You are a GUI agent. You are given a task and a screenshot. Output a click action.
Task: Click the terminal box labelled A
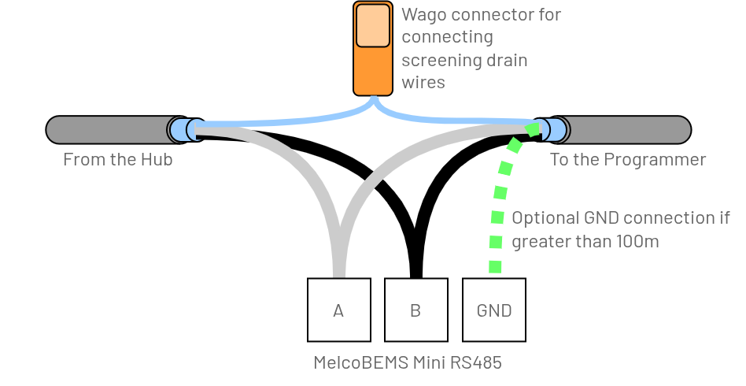(338, 310)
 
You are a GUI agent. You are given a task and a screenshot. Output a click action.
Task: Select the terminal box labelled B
(415, 310)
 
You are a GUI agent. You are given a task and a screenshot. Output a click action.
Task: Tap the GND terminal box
(494, 310)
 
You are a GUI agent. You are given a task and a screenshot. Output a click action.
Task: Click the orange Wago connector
(373, 71)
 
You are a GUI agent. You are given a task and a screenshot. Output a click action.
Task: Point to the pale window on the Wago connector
(373, 26)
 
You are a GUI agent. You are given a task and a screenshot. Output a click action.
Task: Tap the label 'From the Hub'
(117, 160)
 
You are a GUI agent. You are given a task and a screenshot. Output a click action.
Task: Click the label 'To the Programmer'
(627, 160)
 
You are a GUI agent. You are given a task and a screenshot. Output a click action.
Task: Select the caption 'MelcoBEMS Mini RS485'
(407, 363)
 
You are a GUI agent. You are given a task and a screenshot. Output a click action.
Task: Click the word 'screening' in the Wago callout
(437, 61)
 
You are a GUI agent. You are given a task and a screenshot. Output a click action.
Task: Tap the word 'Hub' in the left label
(157, 160)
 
